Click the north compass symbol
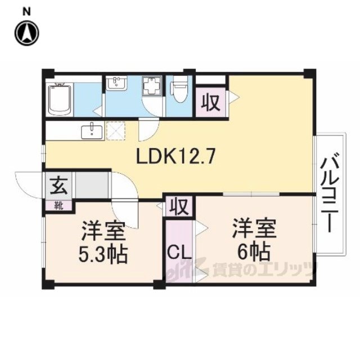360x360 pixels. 27,33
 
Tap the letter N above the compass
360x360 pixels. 26,12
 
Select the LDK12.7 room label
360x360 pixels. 176,156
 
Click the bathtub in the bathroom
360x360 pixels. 60,100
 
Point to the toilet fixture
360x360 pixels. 179,89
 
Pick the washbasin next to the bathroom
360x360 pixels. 116,83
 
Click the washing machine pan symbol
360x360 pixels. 152,85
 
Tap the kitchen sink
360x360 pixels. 92,131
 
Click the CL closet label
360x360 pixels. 179,253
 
